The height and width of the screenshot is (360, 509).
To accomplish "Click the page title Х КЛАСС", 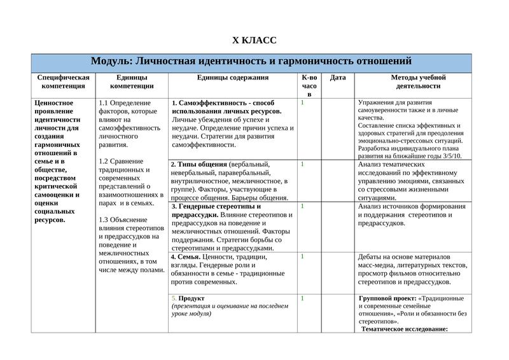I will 254,41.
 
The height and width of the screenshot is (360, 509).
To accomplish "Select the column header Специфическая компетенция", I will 63,81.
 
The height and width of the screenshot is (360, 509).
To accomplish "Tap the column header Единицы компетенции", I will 132,81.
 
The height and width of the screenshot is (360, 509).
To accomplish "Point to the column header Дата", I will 338,78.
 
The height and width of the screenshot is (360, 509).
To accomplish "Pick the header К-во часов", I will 309,85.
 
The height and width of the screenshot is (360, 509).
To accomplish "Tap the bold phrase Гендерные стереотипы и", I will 216,207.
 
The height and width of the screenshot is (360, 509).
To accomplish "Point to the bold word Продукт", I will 192,298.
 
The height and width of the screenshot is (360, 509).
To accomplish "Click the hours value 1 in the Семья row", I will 302,256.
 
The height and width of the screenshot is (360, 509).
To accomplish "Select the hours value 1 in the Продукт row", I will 302,298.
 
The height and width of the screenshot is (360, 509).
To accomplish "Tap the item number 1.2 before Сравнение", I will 104,162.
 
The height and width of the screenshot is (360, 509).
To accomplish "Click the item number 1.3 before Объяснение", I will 104,220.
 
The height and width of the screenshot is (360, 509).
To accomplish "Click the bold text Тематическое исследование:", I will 405,329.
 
